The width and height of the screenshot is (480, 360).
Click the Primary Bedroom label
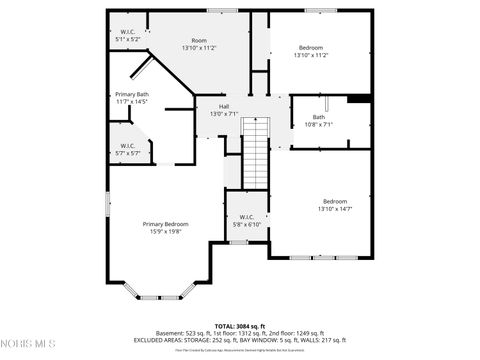coord(165,224)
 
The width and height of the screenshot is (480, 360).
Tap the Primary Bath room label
coord(132,94)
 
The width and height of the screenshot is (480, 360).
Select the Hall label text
coord(224,106)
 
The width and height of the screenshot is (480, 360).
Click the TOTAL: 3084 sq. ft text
coord(239,326)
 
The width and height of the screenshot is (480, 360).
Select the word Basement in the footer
coord(172,333)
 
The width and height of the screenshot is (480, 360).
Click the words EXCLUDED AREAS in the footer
coord(157,340)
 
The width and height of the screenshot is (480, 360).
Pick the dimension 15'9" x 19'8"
coord(165,230)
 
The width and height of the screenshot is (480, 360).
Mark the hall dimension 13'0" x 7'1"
coord(224,114)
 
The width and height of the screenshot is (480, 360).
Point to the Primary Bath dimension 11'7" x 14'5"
coord(132,102)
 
